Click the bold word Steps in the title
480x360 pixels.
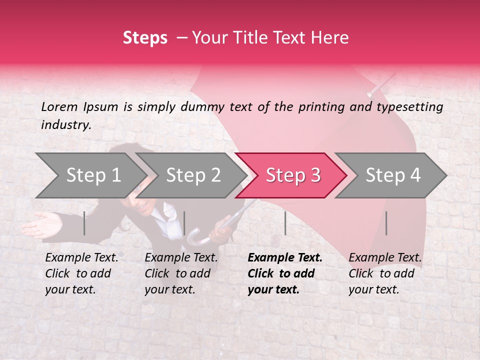(145, 38)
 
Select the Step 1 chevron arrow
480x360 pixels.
(90, 175)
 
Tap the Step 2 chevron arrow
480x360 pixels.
(190, 175)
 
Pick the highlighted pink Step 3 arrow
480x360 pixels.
(290, 175)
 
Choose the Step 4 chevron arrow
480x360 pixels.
(390, 175)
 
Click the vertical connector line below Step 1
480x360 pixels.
(84, 223)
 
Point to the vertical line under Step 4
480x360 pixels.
(386, 223)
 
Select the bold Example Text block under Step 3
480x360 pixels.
(285, 273)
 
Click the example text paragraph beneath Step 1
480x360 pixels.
(81, 273)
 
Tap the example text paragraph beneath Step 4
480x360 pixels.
(385, 273)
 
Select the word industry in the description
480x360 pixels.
(65, 125)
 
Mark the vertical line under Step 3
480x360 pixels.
(285, 223)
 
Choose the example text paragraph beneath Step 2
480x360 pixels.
(181, 273)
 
